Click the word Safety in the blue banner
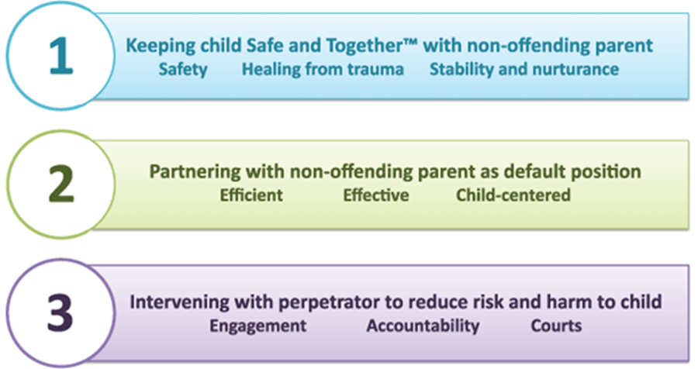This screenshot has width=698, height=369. click(x=183, y=69)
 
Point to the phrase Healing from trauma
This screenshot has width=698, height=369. click(x=323, y=69)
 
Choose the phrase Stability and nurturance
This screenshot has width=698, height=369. click(x=524, y=69)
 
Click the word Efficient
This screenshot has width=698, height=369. click(x=251, y=195)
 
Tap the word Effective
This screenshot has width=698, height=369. click(x=376, y=195)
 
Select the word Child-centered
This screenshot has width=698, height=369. click(x=513, y=195)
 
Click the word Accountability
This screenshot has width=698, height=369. click(x=423, y=325)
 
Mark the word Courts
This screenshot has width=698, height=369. click(x=556, y=325)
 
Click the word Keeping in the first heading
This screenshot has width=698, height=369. click(x=159, y=45)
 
